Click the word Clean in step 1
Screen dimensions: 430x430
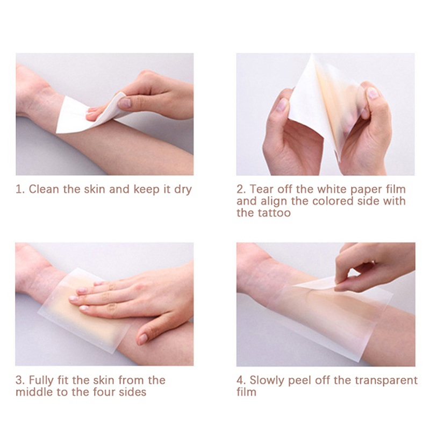point(44,189)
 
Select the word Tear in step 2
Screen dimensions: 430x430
point(262,189)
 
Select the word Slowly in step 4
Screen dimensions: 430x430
point(267,381)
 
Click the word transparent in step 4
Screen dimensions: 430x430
point(386,381)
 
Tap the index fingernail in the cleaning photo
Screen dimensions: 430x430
point(124,103)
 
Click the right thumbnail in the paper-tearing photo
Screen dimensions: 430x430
point(372,93)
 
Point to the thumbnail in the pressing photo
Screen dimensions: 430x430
point(142,339)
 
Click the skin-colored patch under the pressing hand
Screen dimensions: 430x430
point(90,316)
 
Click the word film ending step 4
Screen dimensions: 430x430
point(247,392)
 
